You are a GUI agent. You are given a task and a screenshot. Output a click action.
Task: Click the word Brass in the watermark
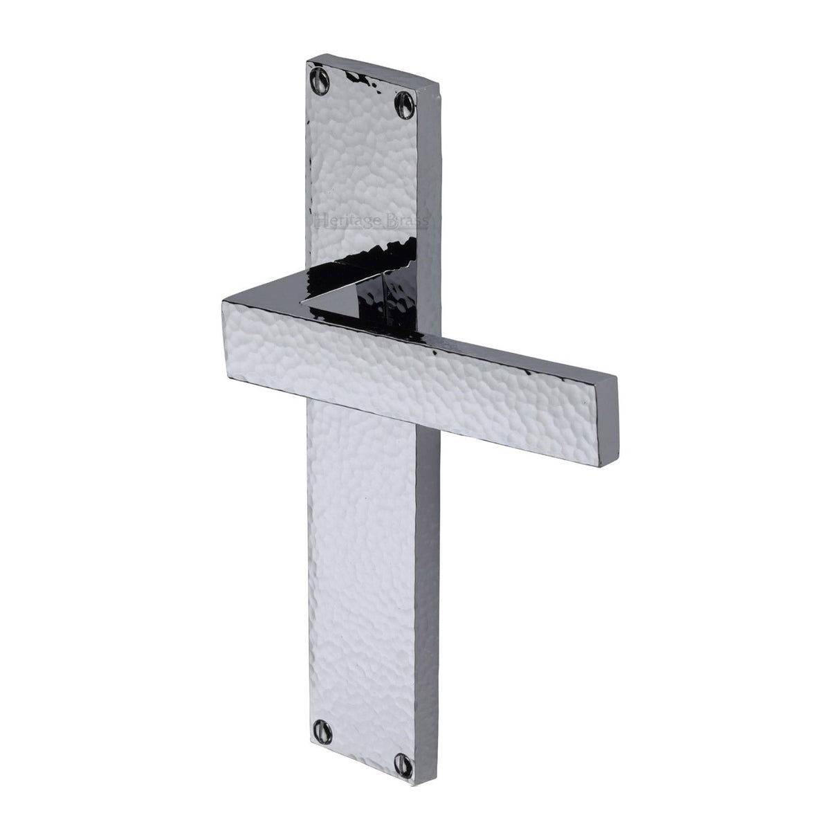[408, 221]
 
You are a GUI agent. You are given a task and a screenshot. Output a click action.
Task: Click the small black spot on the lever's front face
[437, 354]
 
